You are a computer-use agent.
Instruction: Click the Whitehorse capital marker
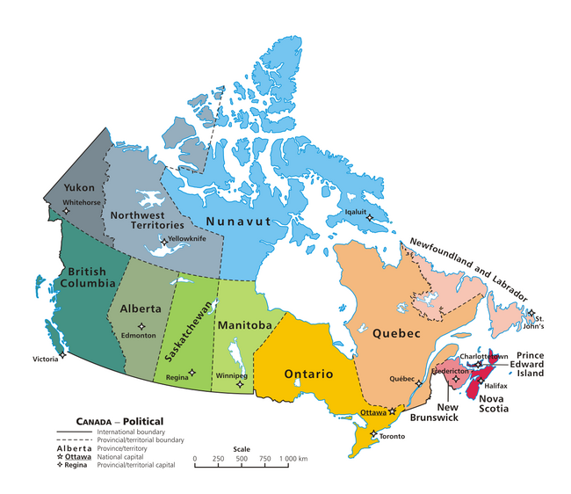[x=65, y=209]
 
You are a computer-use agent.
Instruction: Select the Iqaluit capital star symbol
[x=370, y=217]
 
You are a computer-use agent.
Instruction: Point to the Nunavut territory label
[x=240, y=222]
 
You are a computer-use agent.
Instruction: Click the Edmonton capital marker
[x=141, y=326]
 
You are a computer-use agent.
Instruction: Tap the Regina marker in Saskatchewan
[x=192, y=372]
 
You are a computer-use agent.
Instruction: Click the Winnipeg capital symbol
[x=240, y=383]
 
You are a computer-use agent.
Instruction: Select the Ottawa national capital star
[x=393, y=410]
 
